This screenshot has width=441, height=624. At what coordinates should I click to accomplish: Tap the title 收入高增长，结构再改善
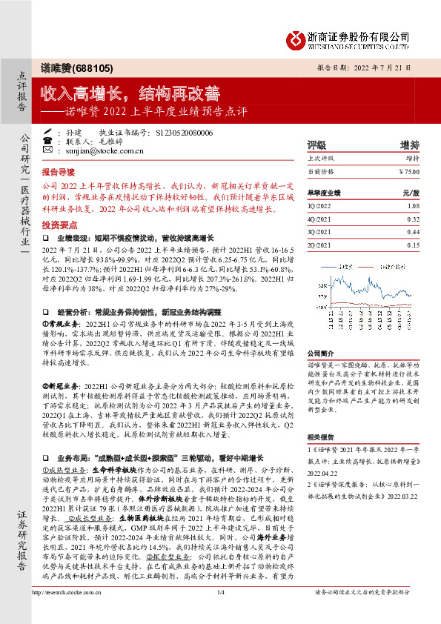pos(130,94)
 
